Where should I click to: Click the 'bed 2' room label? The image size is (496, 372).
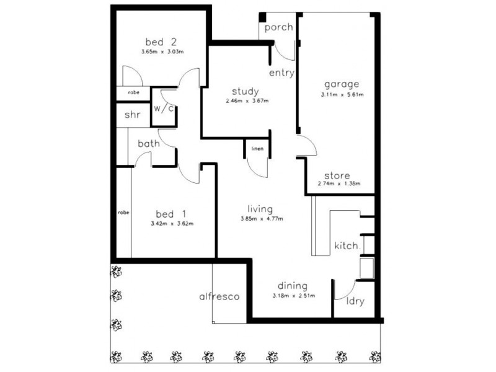coord(161,42)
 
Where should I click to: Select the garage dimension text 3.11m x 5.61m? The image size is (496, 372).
coord(342,95)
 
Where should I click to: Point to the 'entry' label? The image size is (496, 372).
coord(281,73)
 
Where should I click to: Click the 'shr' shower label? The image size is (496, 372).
coord(132,115)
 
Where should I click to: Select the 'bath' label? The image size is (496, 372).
coord(149,144)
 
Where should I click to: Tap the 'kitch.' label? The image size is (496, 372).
coord(347,246)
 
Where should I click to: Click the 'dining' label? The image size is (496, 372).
coord(293,286)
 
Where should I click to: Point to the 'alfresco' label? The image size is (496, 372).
coord(219,296)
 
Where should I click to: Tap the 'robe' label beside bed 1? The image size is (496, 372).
coord(123,212)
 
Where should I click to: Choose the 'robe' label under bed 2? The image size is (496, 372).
coord(133,92)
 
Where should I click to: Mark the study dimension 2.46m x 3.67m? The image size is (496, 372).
coord(247,101)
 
